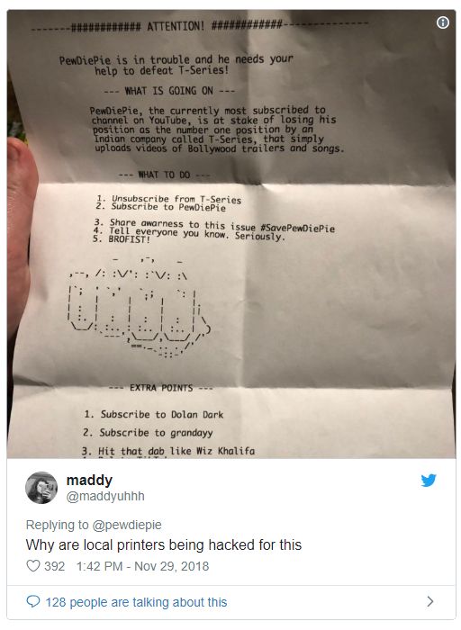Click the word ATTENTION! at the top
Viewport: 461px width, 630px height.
(176, 26)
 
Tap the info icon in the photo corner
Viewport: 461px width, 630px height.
(442, 22)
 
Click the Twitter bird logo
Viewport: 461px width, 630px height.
(429, 480)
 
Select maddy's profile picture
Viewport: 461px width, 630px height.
(41, 488)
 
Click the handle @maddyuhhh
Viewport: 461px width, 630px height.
(105, 496)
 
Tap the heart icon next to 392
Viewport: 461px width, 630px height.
(33, 566)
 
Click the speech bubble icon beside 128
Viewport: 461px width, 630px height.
(33, 601)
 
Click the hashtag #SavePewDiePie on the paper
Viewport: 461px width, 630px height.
(297, 229)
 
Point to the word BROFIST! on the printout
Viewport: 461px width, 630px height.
(129, 239)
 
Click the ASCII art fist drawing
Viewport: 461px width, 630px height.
(139, 308)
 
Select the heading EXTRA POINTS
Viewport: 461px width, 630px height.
(161, 388)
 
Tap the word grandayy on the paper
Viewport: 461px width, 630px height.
(191, 433)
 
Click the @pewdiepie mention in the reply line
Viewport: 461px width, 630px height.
(127, 525)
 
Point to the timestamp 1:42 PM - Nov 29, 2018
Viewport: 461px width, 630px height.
(142, 566)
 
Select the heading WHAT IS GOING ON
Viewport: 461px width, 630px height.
(168, 91)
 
